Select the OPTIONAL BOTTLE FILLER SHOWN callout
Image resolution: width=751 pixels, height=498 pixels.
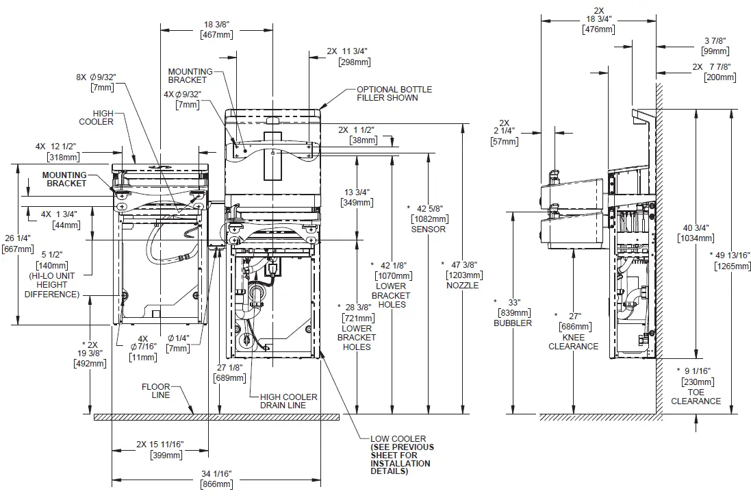click(387, 93)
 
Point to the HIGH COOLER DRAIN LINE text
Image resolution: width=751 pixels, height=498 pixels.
click(288, 401)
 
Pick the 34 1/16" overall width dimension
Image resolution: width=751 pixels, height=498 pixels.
click(216, 475)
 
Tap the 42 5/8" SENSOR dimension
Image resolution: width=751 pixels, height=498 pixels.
click(427, 218)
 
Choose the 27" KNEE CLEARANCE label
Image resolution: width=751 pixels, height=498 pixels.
click(574, 331)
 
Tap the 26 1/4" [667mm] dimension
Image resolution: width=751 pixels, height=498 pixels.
click(15, 243)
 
